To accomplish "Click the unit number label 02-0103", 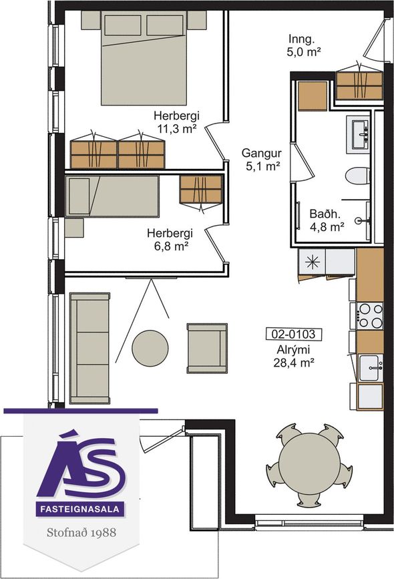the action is click(294, 334).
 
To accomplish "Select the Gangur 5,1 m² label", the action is click(262, 160).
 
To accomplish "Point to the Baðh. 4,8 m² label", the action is click(327, 220).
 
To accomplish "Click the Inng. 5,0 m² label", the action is click(303, 45).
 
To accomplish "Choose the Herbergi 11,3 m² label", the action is click(176, 122).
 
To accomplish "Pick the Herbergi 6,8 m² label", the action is click(170, 240).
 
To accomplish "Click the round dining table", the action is click(309, 463).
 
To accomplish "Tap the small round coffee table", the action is click(150, 348).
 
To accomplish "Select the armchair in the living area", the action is click(207, 348).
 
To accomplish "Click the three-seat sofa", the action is click(89, 348).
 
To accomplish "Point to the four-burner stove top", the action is click(370, 315).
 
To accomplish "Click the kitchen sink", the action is click(371, 368).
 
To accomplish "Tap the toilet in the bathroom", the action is click(357, 176).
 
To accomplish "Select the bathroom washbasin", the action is click(358, 134).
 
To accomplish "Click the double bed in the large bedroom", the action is click(144, 58).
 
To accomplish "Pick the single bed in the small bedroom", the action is click(112, 196).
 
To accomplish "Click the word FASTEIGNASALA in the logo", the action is click(79, 509).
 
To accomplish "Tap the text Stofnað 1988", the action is click(81, 532).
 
